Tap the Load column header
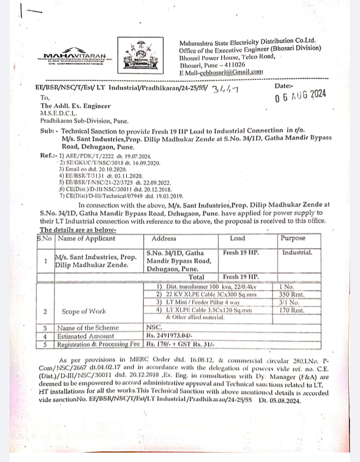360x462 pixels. (238, 239)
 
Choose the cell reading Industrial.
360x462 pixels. (296, 252)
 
